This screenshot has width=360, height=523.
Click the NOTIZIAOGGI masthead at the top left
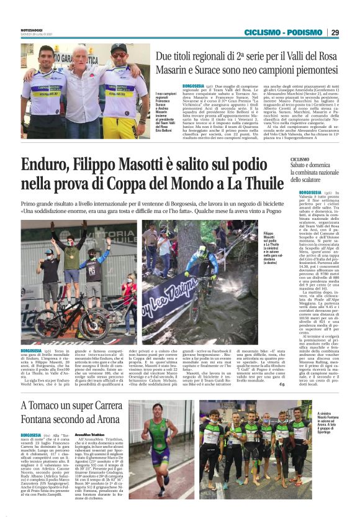pos(32,27)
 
